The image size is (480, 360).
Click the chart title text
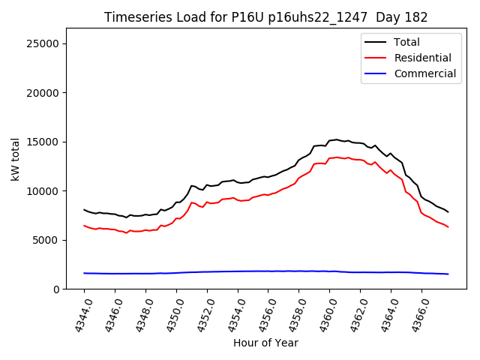(266, 17)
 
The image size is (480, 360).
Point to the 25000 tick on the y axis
(43, 43)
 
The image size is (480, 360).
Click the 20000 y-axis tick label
(43, 93)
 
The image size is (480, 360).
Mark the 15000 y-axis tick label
(43, 142)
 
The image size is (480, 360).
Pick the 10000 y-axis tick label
(43, 191)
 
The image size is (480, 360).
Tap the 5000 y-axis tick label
(46, 240)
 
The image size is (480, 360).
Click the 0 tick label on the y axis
(56, 289)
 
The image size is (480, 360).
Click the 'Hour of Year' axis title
(265, 343)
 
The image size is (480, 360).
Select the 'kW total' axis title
(15, 159)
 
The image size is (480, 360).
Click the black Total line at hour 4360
(329, 140)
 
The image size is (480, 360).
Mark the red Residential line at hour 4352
(207, 202)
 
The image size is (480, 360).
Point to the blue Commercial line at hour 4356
(268, 271)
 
